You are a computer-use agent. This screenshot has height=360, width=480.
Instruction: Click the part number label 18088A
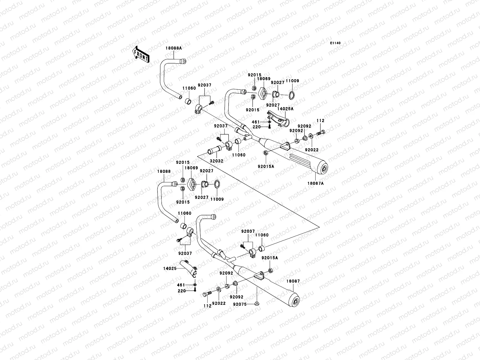pos(174,48)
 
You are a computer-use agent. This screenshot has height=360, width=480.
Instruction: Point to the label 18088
pos(164,171)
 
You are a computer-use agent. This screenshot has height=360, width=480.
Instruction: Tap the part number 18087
pos(293,281)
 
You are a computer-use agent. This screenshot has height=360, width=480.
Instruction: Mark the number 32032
pos(217,161)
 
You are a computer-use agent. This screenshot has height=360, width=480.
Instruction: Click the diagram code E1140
pos(335,43)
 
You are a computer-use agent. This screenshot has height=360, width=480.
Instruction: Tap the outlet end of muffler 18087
pos(295,301)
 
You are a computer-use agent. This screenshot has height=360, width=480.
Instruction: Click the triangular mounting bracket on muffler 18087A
pos(285,146)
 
